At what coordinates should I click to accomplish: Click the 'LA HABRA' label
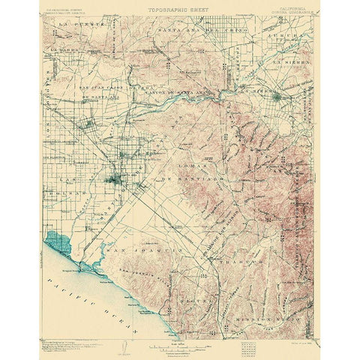point(64,51)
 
